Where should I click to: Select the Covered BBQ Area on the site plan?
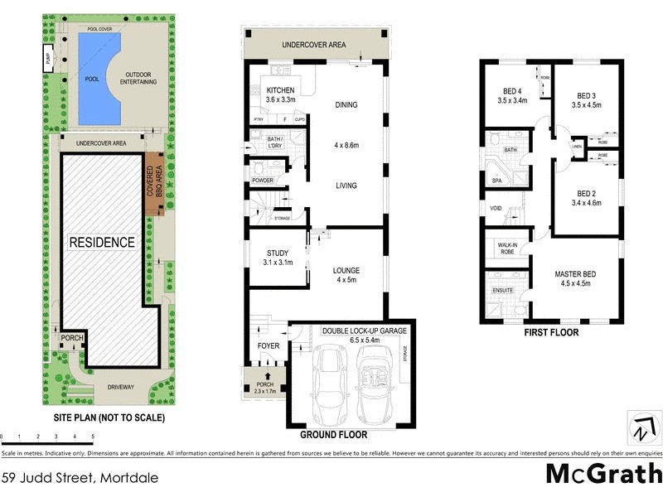point(155,185)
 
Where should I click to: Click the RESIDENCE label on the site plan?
point(102,243)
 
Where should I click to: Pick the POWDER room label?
point(263,181)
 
